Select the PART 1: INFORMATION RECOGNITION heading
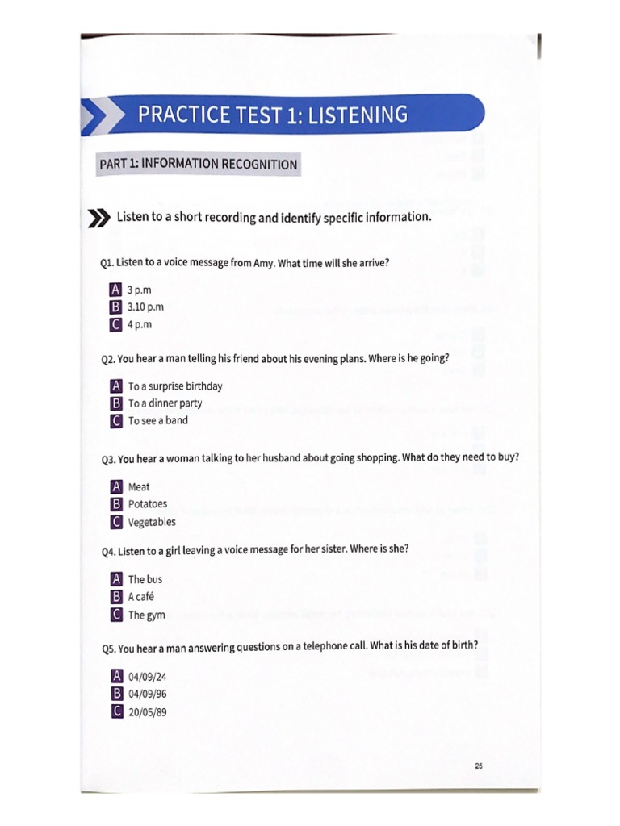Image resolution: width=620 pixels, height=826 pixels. click(x=198, y=165)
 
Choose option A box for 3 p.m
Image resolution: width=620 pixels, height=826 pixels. click(x=115, y=290)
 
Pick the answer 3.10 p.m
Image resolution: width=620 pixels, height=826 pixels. click(x=145, y=307)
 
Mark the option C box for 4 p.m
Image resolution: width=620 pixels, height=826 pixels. click(x=115, y=324)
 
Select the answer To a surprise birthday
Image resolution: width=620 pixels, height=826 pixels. click(x=174, y=386)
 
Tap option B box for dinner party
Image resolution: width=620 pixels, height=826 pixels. click(x=116, y=403)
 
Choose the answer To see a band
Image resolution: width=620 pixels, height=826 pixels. click(x=157, y=420)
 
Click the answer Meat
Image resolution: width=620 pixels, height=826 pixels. click(x=139, y=487)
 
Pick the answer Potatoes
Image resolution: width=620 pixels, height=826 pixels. click(x=148, y=504)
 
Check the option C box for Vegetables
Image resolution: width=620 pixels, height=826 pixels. click(x=116, y=522)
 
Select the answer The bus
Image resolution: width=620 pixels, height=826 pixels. click(x=145, y=579)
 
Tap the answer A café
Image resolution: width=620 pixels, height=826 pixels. click(x=140, y=597)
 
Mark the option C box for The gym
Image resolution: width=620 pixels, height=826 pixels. click(x=116, y=615)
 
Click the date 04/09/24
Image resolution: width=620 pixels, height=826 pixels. click(x=147, y=676)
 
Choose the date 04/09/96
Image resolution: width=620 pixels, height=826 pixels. click(x=147, y=694)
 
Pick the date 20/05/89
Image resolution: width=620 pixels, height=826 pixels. click(x=147, y=711)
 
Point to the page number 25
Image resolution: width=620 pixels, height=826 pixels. click(x=479, y=766)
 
